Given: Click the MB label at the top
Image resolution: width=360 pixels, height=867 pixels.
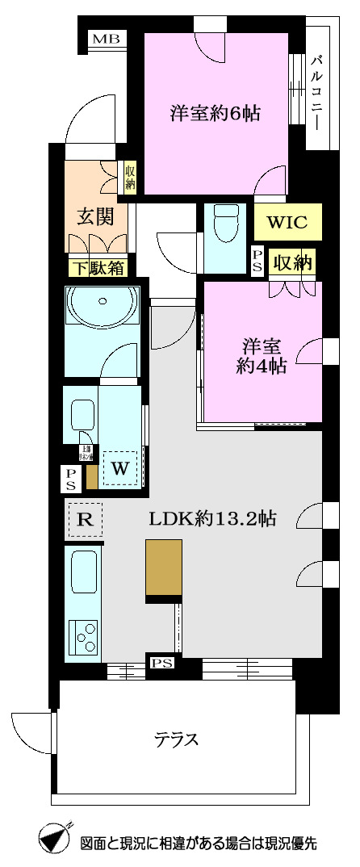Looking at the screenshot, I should point(103,39).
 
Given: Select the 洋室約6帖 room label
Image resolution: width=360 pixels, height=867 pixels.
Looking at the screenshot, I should point(215,113).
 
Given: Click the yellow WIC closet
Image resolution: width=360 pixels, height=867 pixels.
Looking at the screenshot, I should point(287,222).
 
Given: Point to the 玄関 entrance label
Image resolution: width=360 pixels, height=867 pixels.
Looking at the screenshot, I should point(94,216).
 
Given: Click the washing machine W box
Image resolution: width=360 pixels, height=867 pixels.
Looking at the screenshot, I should point(120,467).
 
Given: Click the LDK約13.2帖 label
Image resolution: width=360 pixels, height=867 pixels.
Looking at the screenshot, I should point(212,519).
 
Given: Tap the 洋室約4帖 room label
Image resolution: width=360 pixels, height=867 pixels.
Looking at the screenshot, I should point(261,357).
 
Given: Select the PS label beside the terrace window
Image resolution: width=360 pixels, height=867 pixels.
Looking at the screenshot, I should point(161,664).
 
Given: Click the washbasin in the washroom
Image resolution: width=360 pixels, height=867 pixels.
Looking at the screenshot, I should point(82,417).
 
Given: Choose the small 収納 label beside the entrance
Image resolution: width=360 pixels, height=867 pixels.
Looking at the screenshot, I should point(130,177).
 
